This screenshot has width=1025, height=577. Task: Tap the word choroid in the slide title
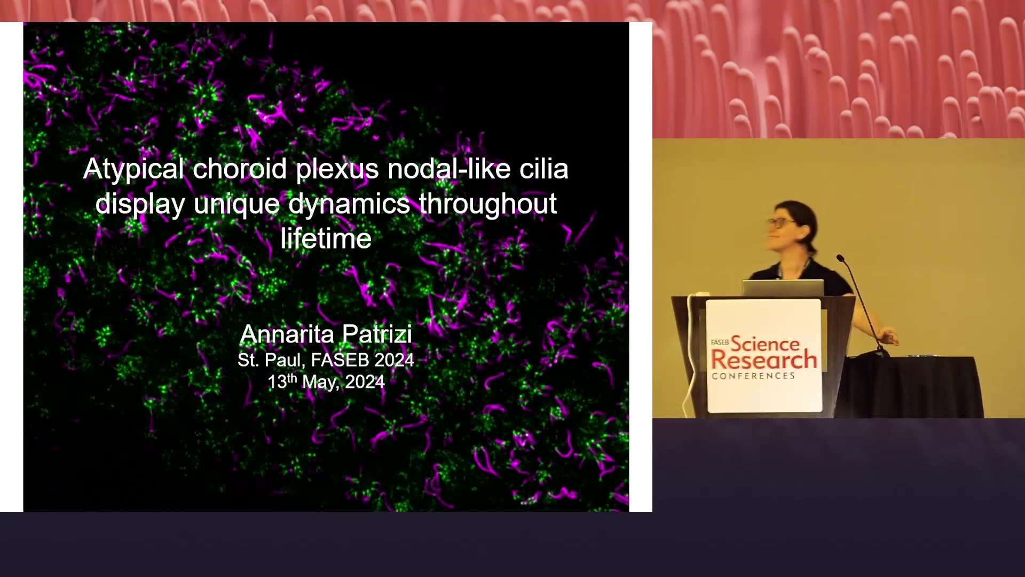point(240,169)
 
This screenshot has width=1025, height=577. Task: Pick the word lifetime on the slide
point(326,238)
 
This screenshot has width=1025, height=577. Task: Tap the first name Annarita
point(286,334)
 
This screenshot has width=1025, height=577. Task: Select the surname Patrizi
point(377,334)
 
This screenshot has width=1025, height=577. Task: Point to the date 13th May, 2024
point(326,382)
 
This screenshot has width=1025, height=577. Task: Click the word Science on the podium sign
point(765,344)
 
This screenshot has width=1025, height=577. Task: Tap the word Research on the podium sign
point(764,361)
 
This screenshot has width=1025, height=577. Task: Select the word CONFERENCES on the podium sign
point(753,376)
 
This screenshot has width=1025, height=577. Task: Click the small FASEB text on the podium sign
point(720,342)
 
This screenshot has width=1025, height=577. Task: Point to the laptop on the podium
point(783,288)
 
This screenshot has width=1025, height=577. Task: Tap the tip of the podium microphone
point(839,258)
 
